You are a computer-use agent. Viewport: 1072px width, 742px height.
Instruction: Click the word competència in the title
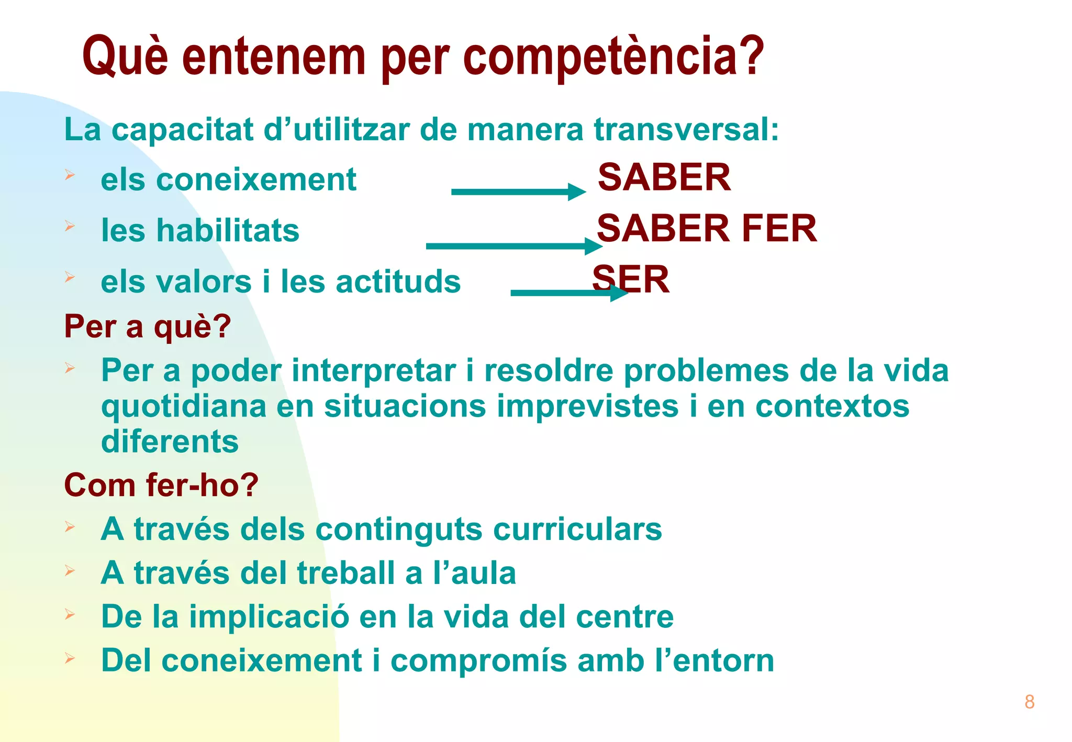tap(613, 57)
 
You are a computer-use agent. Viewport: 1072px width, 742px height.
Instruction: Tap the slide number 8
tap(1029, 702)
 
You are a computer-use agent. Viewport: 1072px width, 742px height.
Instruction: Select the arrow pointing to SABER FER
tap(513, 246)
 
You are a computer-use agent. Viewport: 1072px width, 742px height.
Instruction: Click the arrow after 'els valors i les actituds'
tap(568, 293)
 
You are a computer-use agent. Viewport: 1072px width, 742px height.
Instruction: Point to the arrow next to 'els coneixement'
tap(518, 192)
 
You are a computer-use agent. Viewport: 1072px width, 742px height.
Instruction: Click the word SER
tap(631, 279)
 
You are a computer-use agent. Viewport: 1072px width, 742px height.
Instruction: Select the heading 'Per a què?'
tap(147, 327)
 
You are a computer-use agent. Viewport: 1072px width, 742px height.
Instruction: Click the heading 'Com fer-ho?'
tap(161, 485)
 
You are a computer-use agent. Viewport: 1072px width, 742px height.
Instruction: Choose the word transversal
tap(686, 129)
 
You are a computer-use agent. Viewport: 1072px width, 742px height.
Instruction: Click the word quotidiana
tap(184, 407)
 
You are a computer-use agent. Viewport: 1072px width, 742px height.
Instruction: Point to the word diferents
tap(170, 441)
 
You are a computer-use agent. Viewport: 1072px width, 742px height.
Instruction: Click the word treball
tap(346, 573)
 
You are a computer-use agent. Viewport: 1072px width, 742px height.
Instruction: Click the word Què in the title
tap(125, 57)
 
